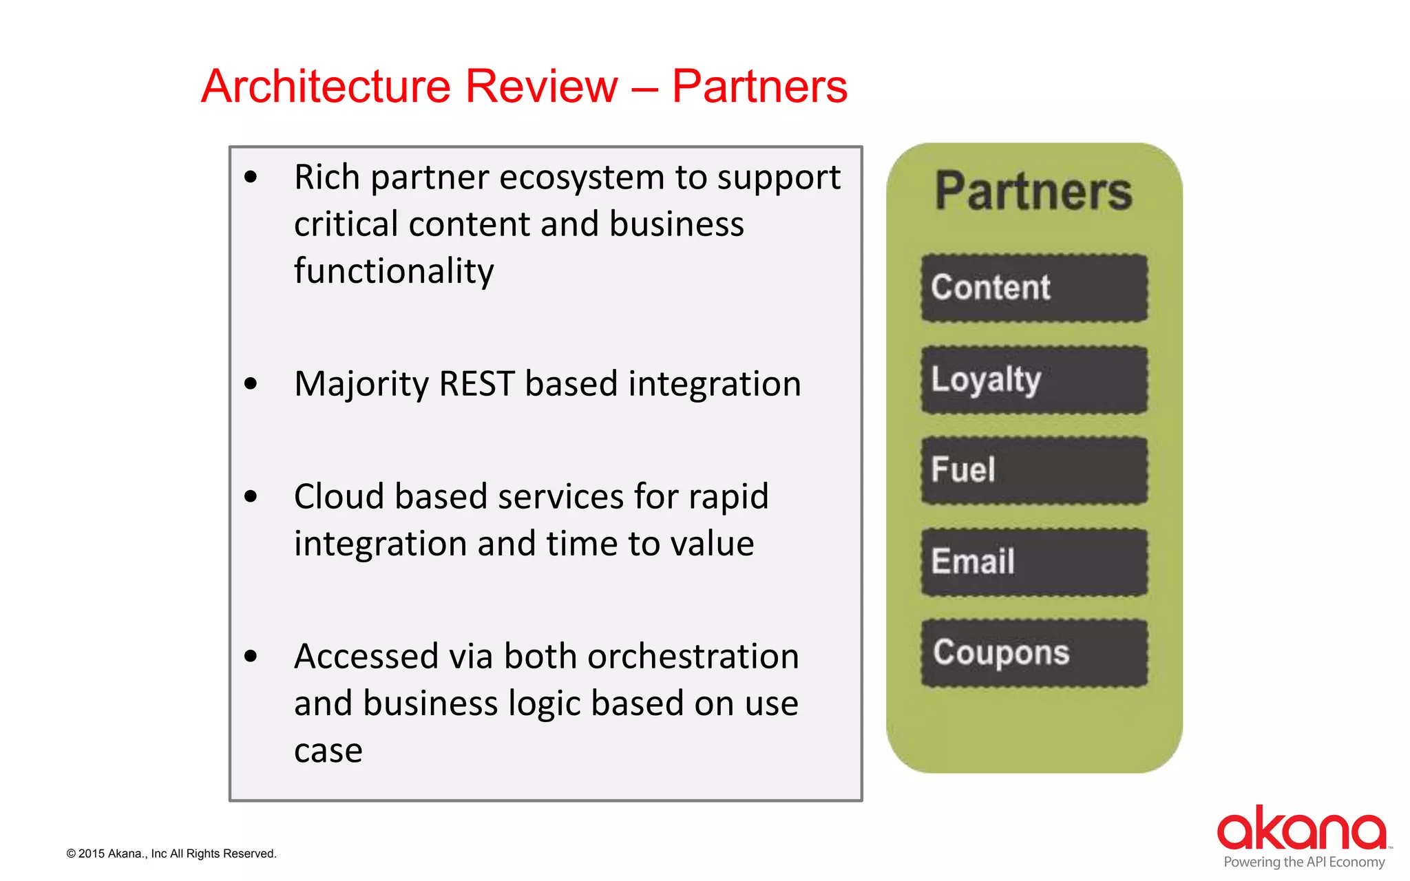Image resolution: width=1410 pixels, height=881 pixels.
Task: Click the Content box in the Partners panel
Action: coord(1034,288)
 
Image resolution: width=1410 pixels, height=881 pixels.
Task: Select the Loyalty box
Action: coord(1034,379)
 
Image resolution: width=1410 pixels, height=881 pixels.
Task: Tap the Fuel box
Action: coord(1034,470)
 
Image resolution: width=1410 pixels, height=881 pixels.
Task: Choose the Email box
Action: coord(1034,562)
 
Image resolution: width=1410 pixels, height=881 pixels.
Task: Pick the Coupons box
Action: coord(1034,652)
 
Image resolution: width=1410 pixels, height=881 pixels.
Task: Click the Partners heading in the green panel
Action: coord(1033,191)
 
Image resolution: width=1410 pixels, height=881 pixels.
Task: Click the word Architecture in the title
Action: coord(326,87)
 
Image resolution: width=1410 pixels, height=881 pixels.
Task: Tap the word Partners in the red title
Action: coord(759,87)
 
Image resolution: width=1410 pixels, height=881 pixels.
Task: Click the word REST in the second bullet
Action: coord(476,384)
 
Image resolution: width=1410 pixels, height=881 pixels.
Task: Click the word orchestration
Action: coord(693,657)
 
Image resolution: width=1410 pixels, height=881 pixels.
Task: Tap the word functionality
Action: coord(394,271)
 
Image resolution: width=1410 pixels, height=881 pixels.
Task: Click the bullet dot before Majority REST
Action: coord(251,384)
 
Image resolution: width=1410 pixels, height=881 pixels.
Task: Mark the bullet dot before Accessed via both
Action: coord(251,657)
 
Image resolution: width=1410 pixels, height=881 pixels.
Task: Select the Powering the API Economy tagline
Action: coord(1303,862)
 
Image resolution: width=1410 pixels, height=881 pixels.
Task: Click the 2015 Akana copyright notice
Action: coord(171,853)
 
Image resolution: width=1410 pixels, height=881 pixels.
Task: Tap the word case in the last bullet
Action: coord(328,750)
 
